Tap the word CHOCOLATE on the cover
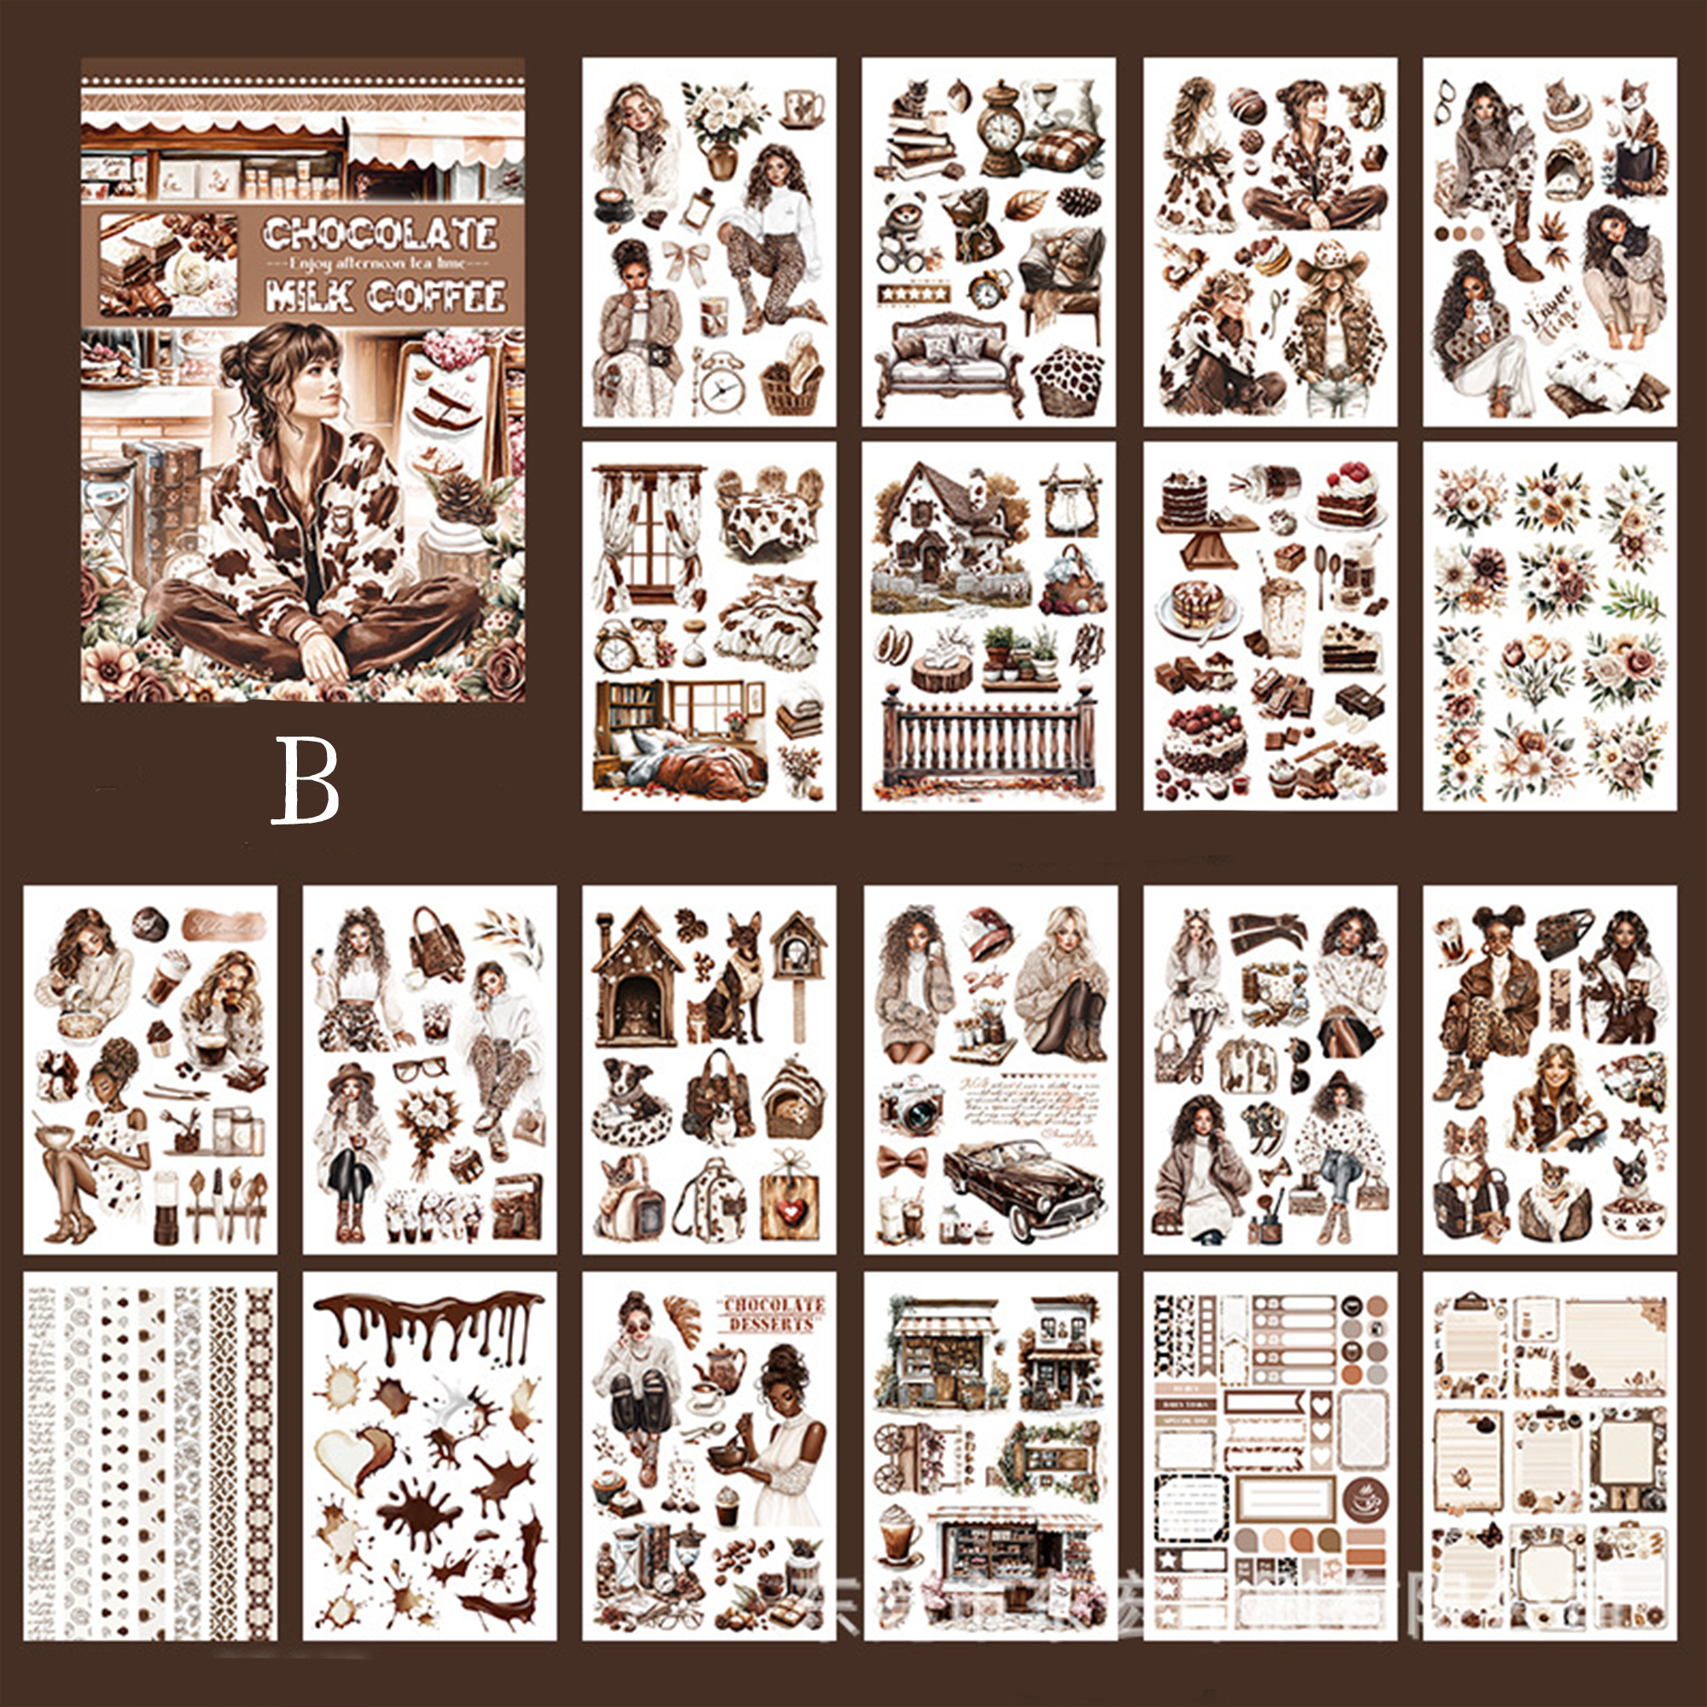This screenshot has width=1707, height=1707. click(380, 233)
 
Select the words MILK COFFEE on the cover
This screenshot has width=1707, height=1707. click(385, 296)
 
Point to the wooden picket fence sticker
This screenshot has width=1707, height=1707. click(987, 737)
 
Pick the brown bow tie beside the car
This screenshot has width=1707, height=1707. click(903, 1160)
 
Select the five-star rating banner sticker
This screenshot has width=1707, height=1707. click(912, 293)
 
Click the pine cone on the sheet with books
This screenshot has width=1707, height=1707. click(1078, 201)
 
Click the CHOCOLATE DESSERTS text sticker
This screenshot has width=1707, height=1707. click(773, 1314)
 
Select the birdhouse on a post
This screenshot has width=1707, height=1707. click(798, 963)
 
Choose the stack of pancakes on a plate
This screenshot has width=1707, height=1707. click(1197, 607)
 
